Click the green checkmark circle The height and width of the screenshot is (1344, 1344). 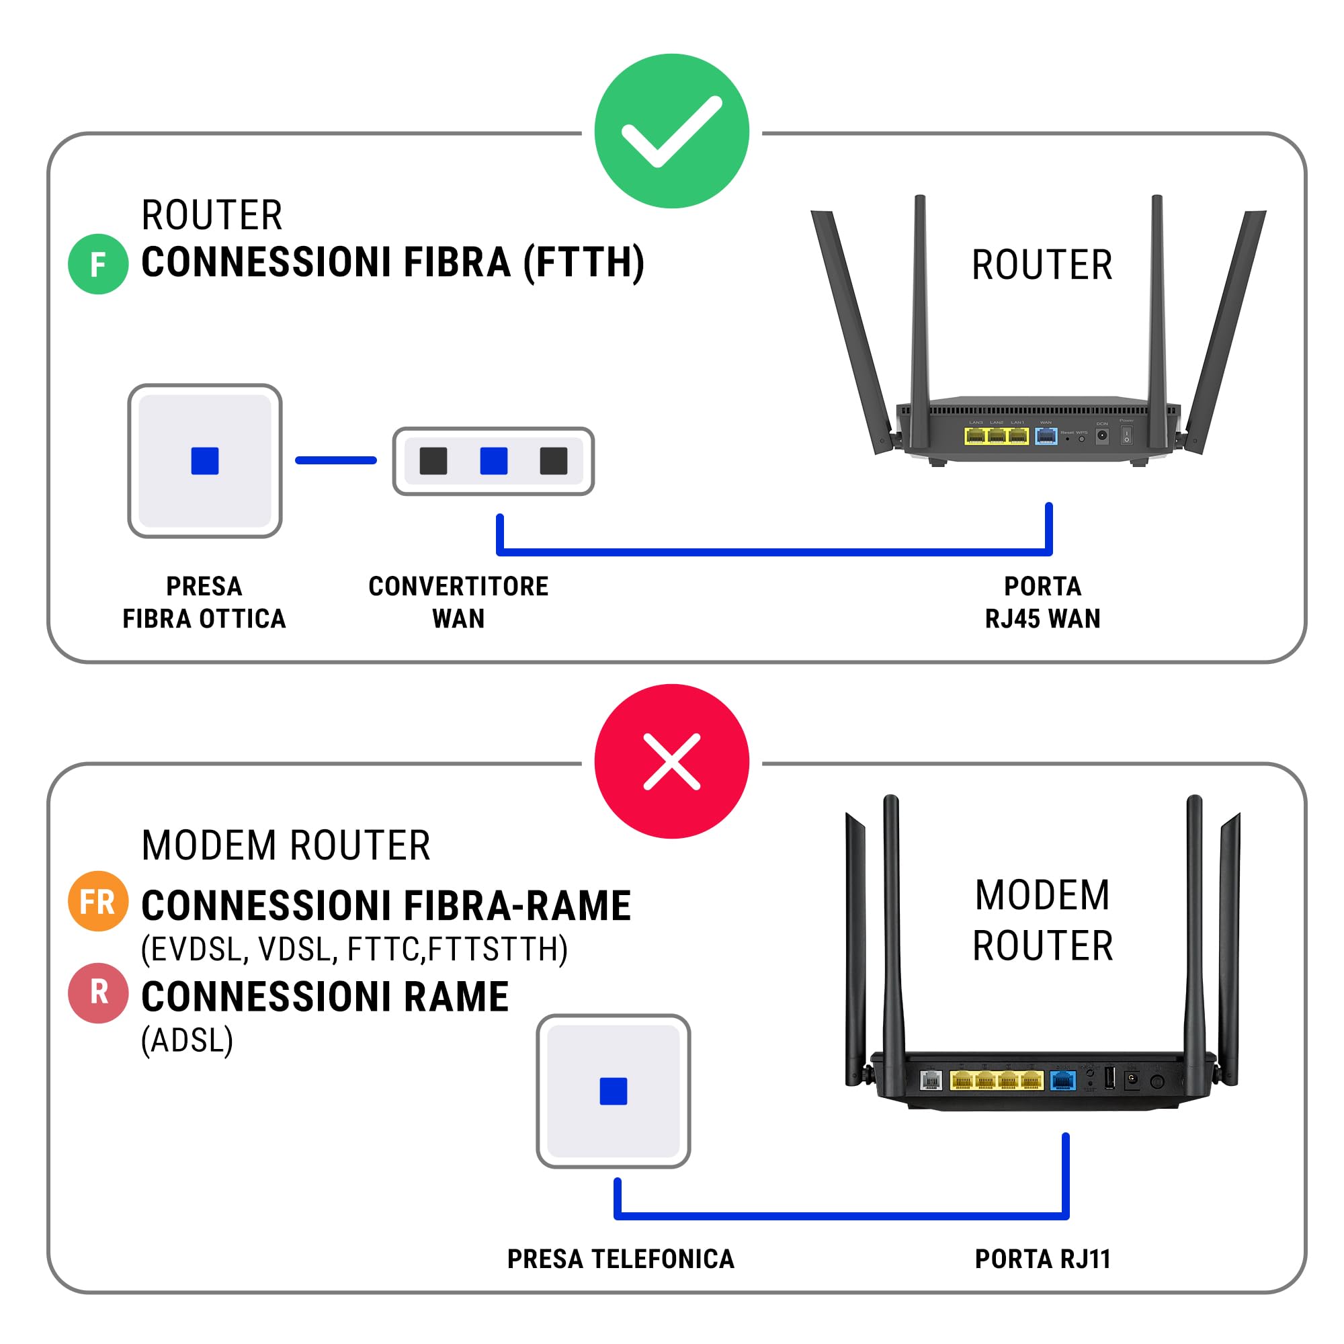[671, 131]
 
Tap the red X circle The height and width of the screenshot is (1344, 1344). [671, 761]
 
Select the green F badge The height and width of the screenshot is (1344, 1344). [98, 264]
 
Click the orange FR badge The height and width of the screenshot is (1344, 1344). [98, 902]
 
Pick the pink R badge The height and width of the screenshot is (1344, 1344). [98, 993]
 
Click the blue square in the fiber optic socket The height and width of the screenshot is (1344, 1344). [204, 460]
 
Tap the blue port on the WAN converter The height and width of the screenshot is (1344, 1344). [493, 460]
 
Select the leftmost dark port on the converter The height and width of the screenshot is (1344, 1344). [433, 460]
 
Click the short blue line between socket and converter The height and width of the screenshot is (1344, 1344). [335, 460]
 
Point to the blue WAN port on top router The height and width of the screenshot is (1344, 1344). [1046, 436]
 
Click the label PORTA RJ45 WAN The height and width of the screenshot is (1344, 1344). [1042, 602]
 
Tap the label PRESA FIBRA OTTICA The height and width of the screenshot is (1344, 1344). [204, 602]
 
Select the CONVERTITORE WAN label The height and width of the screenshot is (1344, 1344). [458, 602]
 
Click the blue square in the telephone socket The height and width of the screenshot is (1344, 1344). [613, 1091]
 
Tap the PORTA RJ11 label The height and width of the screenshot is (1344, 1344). [1042, 1259]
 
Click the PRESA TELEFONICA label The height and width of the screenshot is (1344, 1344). [620, 1259]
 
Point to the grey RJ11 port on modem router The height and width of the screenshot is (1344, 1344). [930, 1080]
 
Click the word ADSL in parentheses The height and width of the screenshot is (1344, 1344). [186, 1041]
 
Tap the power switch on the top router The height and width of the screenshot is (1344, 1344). [1126, 436]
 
